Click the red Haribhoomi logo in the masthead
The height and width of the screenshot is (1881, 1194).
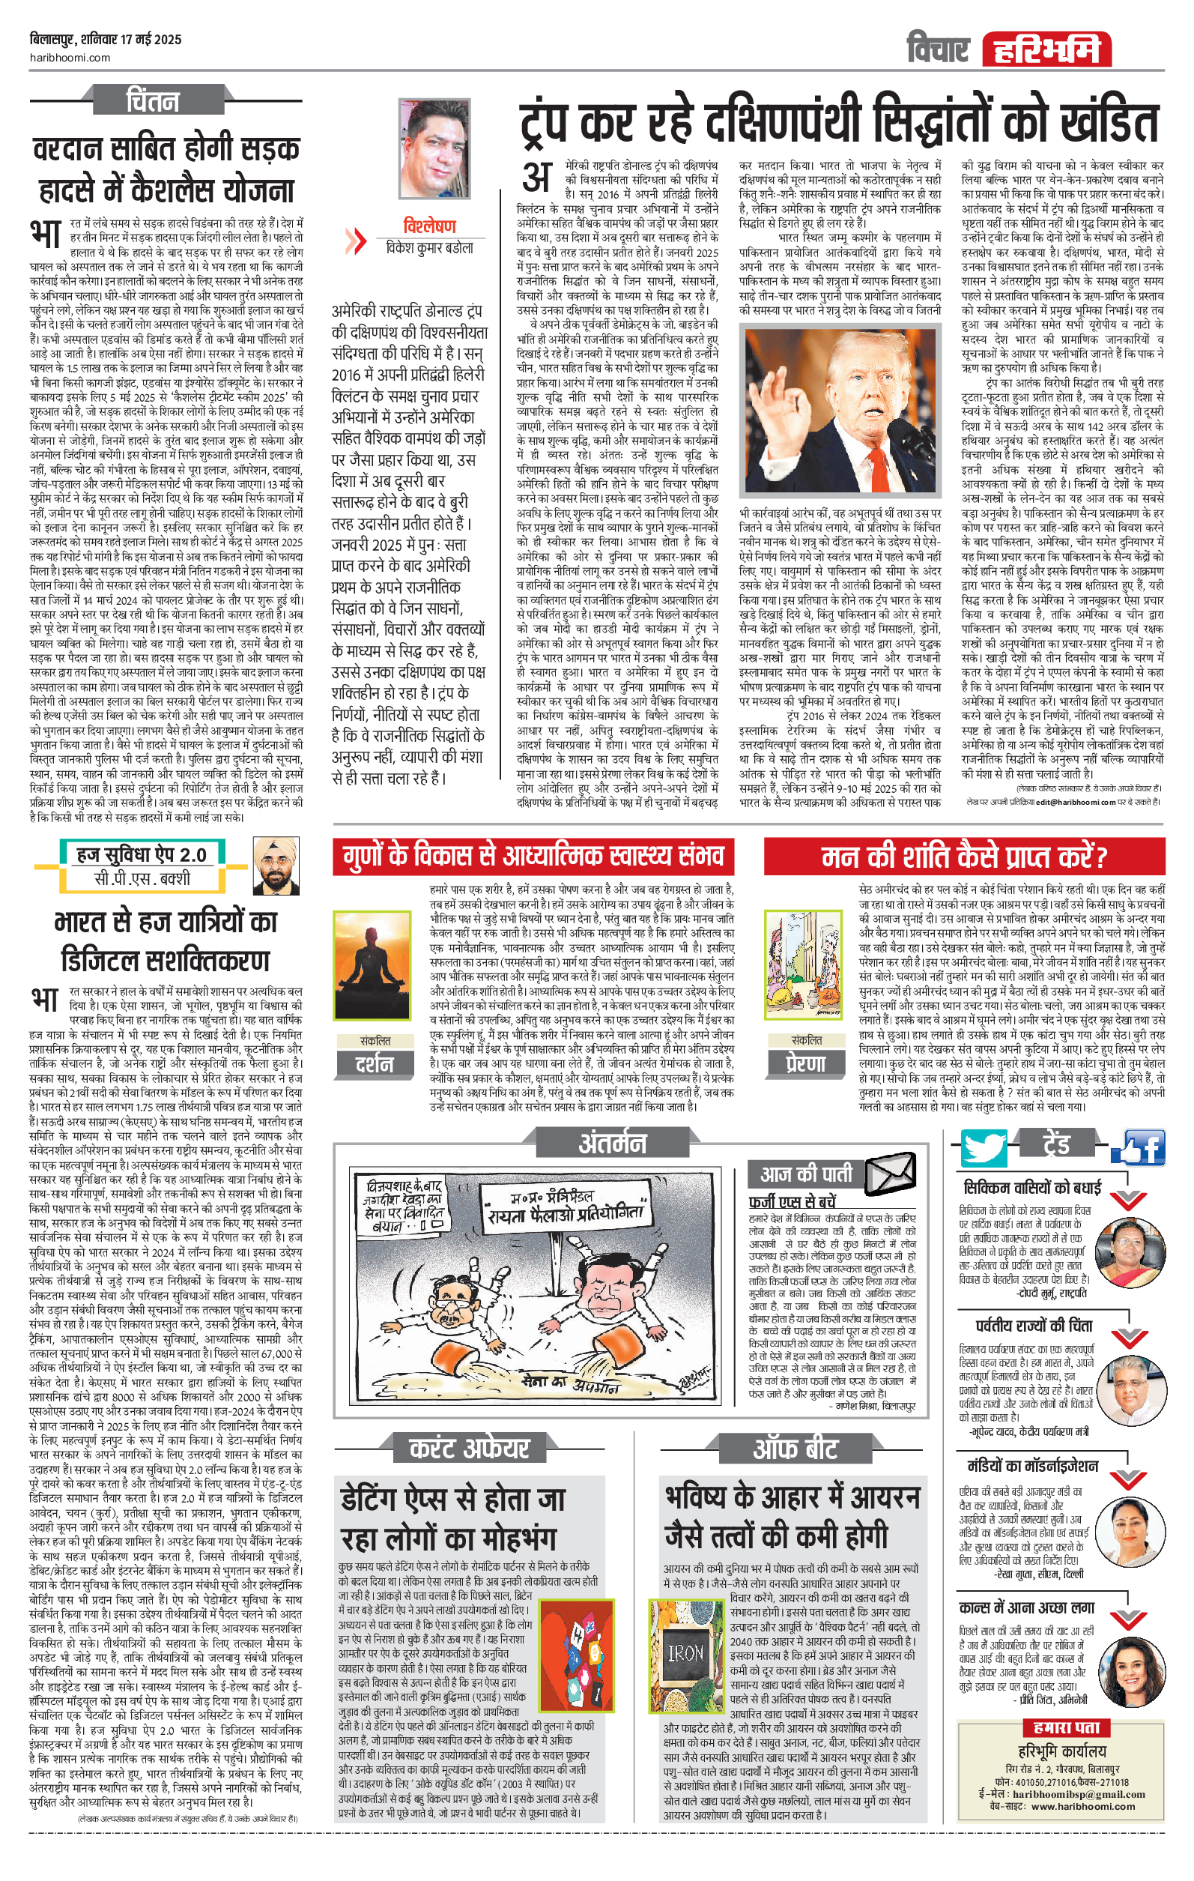[x=1045, y=49]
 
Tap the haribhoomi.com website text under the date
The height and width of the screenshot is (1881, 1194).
[x=70, y=57]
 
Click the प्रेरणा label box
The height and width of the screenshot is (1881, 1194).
[x=805, y=1063]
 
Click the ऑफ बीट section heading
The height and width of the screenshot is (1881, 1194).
[x=794, y=1449]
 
